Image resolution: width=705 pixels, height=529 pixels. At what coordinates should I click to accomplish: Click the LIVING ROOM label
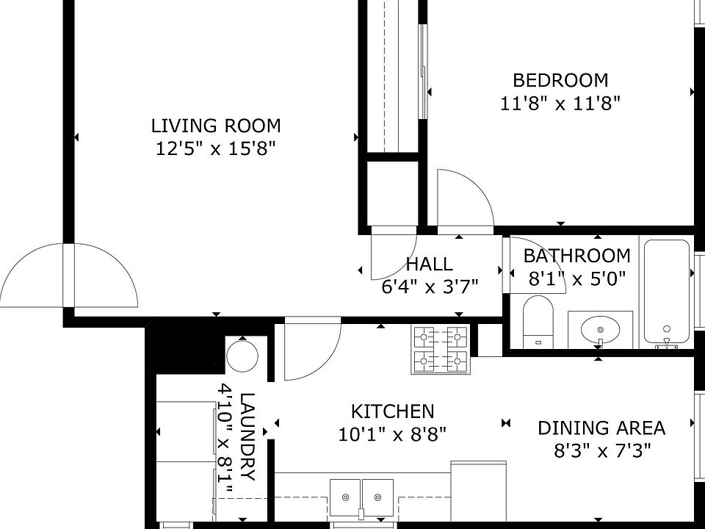[x=216, y=126]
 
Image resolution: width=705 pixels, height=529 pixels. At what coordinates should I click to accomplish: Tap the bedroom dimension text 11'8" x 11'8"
[x=560, y=104]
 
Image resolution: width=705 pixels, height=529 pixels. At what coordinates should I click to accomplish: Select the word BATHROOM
[x=577, y=256]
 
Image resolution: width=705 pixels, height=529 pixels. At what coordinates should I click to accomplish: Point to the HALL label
[x=429, y=264]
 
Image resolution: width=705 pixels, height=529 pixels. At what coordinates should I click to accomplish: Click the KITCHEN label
[x=392, y=411]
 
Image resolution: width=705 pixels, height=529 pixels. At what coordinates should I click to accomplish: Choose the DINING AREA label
[x=601, y=428]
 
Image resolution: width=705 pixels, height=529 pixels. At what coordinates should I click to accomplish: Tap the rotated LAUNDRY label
[x=247, y=436]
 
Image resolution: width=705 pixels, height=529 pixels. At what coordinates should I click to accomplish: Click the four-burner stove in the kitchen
[x=440, y=350]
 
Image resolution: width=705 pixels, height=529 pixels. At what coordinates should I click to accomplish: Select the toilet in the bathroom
[x=538, y=321]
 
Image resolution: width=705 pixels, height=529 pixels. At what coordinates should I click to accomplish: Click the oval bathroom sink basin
[x=600, y=329]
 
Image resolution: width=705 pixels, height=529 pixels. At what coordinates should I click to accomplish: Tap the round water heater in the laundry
[x=242, y=356]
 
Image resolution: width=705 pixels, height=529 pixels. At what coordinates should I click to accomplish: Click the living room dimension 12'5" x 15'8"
[x=215, y=148]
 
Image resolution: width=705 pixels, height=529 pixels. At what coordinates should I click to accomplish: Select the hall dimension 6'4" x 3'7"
[x=430, y=286]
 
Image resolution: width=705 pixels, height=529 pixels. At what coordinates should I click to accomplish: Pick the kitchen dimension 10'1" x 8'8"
[x=392, y=434]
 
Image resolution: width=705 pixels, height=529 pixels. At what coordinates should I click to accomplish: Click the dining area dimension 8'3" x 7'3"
[x=602, y=450]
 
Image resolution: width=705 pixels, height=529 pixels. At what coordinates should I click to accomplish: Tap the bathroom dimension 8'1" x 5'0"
[x=577, y=279]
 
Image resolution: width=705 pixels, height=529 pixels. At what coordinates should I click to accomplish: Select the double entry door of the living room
[x=68, y=276]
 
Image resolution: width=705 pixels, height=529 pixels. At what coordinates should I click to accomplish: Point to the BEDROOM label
[x=560, y=81]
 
